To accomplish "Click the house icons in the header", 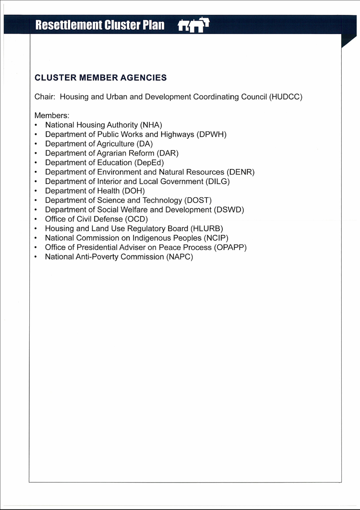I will [x=193, y=25].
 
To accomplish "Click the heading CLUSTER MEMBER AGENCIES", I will [x=101, y=77].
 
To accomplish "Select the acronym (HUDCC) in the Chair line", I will [x=286, y=97].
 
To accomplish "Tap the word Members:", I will [x=52, y=116].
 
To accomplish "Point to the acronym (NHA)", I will [x=151, y=125].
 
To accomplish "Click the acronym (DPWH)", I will [x=212, y=134].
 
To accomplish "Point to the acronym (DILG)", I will [x=217, y=182].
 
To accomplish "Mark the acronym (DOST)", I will [x=198, y=200].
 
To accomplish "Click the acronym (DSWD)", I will [x=229, y=210].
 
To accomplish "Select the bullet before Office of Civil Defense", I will [x=36, y=219].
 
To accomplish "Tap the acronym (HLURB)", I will [x=207, y=229].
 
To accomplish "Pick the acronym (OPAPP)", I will [x=230, y=247].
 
